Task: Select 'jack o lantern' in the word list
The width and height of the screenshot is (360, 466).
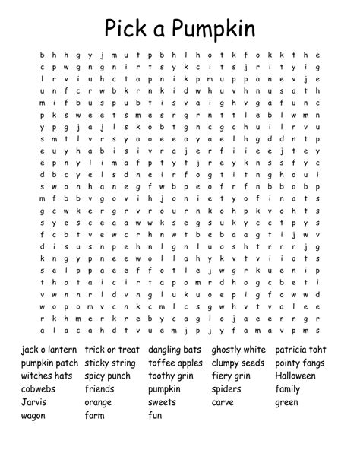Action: tap(48, 350)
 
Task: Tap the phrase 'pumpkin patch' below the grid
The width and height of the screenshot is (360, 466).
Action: tap(49, 363)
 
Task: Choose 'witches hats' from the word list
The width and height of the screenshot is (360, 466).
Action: tap(47, 376)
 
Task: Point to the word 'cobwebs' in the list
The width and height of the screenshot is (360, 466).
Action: tap(38, 389)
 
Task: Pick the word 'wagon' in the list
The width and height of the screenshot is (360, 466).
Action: tap(33, 416)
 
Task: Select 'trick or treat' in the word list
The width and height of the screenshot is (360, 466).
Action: tap(112, 350)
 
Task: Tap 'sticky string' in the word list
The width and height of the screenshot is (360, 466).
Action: tap(112, 363)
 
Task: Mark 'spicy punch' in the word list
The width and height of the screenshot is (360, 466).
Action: tap(108, 376)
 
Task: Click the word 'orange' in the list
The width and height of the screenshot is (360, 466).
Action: tap(98, 402)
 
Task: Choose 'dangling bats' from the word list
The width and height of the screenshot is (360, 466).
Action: tap(175, 350)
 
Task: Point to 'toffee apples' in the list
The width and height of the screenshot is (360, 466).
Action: tap(175, 363)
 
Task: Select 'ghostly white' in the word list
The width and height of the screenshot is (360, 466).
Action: tap(238, 350)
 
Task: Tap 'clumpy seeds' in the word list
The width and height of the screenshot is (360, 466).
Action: tap(238, 363)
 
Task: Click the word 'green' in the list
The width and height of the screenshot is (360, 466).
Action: tap(286, 402)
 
